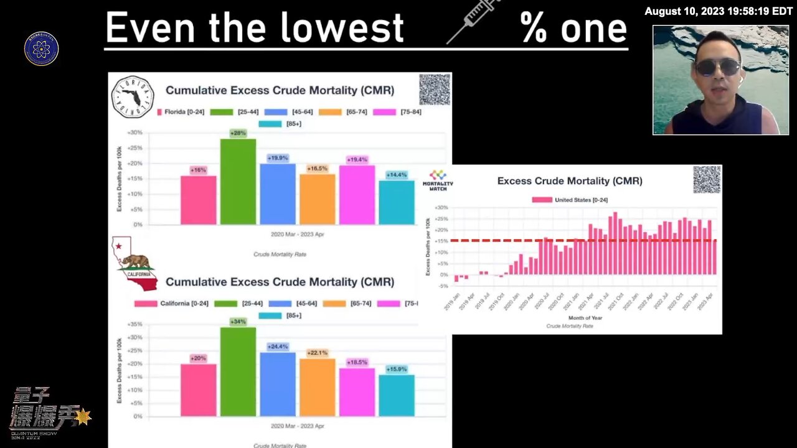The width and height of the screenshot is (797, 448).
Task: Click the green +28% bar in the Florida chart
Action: (x=238, y=182)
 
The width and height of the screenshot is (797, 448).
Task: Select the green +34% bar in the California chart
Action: (x=238, y=371)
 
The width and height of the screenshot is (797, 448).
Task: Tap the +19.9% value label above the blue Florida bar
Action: (x=278, y=158)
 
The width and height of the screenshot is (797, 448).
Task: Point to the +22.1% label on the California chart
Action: (x=318, y=353)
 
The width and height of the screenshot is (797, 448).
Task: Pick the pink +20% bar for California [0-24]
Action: (x=198, y=390)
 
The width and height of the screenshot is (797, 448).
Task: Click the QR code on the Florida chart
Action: (x=435, y=90)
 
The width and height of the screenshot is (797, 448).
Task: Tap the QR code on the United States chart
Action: (x=707, y=180)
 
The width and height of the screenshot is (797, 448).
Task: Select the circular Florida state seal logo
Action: (x=132, y=97)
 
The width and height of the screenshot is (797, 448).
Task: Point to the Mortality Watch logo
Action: (x=438, y=179)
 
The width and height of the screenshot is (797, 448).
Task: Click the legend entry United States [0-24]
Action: (x=570, y=200)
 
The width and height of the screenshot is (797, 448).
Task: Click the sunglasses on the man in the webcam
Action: (x=717, y=67)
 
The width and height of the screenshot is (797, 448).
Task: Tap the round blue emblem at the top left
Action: (x=42, y=49)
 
